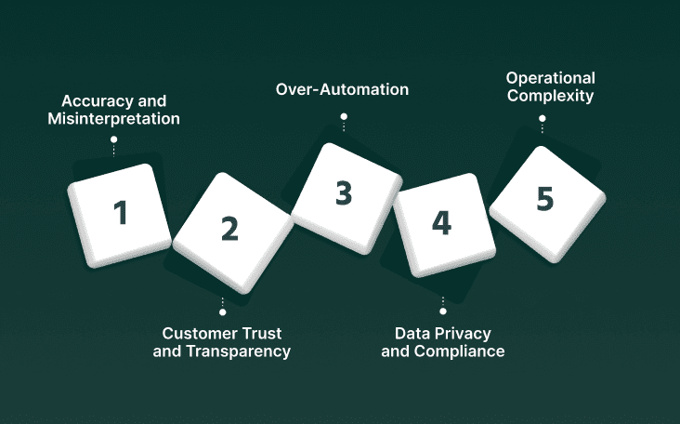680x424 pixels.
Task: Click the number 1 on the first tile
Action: (121, 213)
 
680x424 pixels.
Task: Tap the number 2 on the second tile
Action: (229, 229)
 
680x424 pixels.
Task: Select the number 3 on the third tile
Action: (344, 193)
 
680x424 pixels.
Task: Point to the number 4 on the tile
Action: (441, 223)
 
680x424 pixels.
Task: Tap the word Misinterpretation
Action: (113, 119)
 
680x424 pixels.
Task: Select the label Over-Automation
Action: (343, 90)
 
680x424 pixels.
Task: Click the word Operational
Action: (550, 77)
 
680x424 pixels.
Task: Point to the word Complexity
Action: (550, 95)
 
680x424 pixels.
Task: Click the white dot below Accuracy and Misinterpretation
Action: (113, 139)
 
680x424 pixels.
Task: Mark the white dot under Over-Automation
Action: (344, 116)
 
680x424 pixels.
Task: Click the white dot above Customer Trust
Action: (222, 312)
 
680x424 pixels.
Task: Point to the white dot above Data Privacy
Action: (442, 312)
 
